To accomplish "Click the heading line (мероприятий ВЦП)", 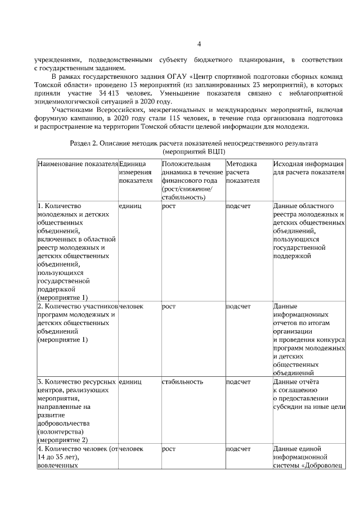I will tap(195, 152).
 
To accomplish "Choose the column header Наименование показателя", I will tap(77, 164).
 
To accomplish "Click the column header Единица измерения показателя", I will tap(136, 172).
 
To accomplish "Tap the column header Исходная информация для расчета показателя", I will tap(308, 168).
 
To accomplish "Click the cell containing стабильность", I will tap(182, 381).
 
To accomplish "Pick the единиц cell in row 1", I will tap(130, 206).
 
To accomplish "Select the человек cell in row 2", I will tap(132, 307).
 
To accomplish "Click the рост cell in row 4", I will tap(169, 449).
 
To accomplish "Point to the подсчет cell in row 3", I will tap(238, 381).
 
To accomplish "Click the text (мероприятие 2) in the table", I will tap(62, 440).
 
